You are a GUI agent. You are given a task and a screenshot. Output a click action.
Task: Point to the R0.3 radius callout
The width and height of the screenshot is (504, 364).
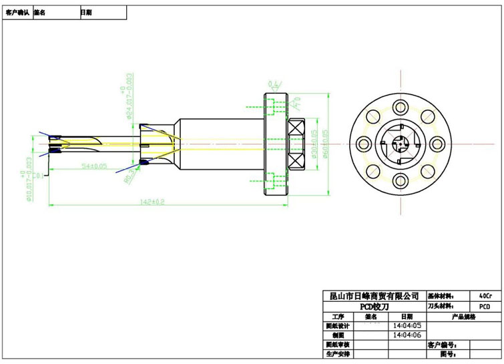[x=130, y=176]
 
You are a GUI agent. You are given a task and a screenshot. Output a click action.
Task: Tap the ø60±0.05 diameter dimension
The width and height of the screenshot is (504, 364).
[x=325, y=143]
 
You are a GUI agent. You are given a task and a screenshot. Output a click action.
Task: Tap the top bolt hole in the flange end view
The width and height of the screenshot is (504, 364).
[x=401, y=107]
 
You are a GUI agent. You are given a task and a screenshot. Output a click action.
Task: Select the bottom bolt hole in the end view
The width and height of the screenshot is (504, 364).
[x=401, y=179]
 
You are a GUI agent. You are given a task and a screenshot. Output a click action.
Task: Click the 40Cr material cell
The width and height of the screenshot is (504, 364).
[x=485, y=295]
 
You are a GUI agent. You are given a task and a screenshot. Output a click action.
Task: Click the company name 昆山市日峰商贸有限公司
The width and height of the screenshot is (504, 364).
[x=370, y=295]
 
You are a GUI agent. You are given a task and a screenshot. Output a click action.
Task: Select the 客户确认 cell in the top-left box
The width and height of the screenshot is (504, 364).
[x=17, y=12]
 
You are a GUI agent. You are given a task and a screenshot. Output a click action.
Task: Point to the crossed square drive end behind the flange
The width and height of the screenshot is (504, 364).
[x=296, y=143]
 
